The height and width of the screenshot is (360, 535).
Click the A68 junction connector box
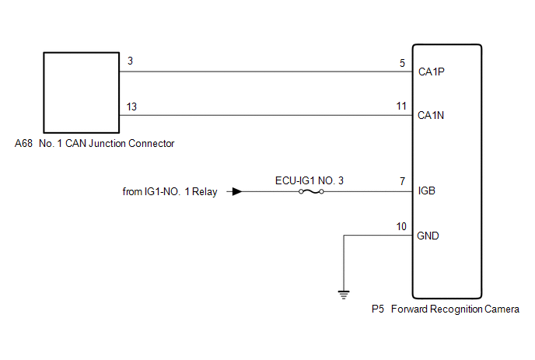point(80,93)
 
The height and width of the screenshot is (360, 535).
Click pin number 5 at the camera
point(402,62)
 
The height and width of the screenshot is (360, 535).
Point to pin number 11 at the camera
point(400,106)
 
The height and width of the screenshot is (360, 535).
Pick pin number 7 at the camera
point(402,180)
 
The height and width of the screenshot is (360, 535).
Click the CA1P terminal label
point(432,72)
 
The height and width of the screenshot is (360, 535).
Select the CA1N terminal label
point(432,116)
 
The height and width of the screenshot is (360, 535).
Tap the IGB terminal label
point(427,190)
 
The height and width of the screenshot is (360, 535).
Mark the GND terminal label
point(428,236)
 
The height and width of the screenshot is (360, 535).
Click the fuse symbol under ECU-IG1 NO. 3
point(310,191)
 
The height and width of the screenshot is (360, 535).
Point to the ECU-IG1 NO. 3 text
point(309,180)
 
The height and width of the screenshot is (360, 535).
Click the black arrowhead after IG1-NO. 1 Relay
point(236,191)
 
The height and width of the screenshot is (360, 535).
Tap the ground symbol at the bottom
point(343,294)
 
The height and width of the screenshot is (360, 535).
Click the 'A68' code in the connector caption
point(24,144)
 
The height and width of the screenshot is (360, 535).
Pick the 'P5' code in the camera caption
point(377,309)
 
